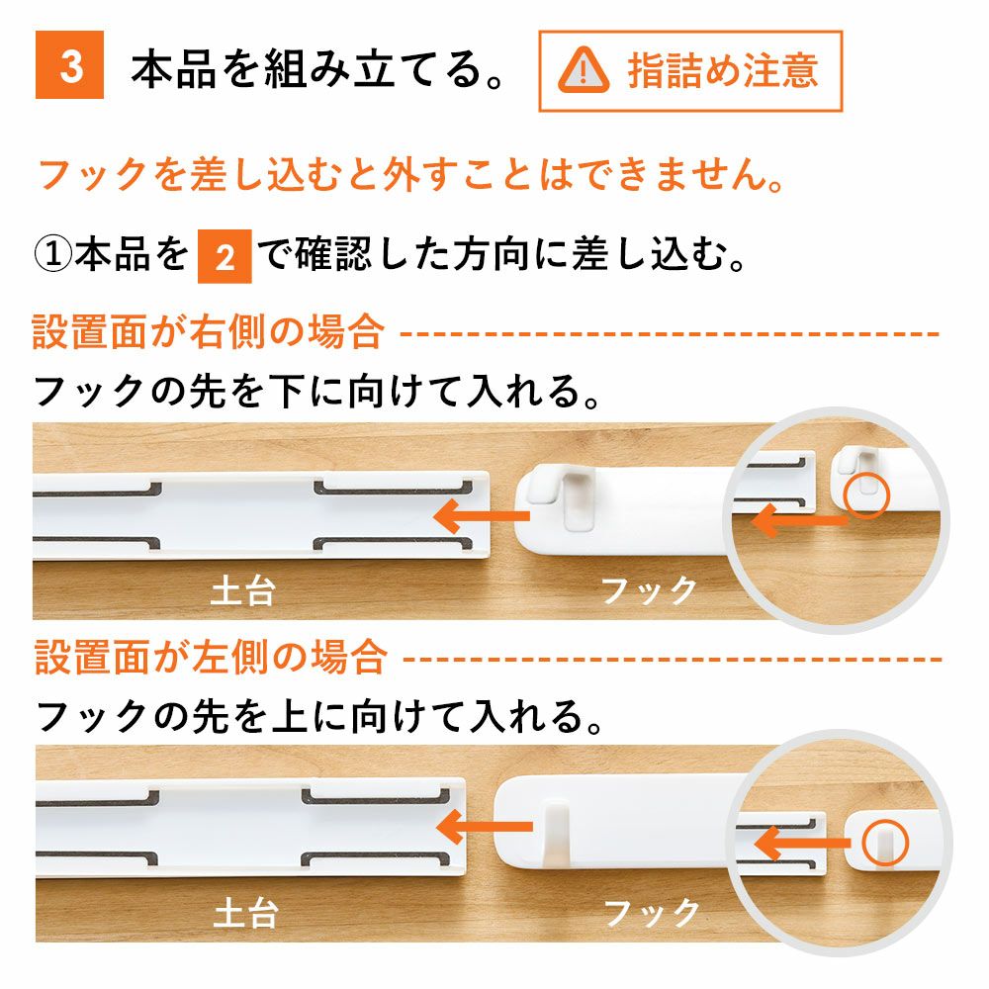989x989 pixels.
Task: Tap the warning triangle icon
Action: click(584, 70)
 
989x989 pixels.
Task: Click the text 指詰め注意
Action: click(722, 70)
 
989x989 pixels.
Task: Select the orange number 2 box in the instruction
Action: click(225, 258)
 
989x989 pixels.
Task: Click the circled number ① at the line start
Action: click(53, 257)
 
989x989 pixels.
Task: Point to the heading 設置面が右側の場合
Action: click(208, 331)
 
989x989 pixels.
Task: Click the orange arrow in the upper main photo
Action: click(482, 514)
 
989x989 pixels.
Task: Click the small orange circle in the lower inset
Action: click(882, 841)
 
